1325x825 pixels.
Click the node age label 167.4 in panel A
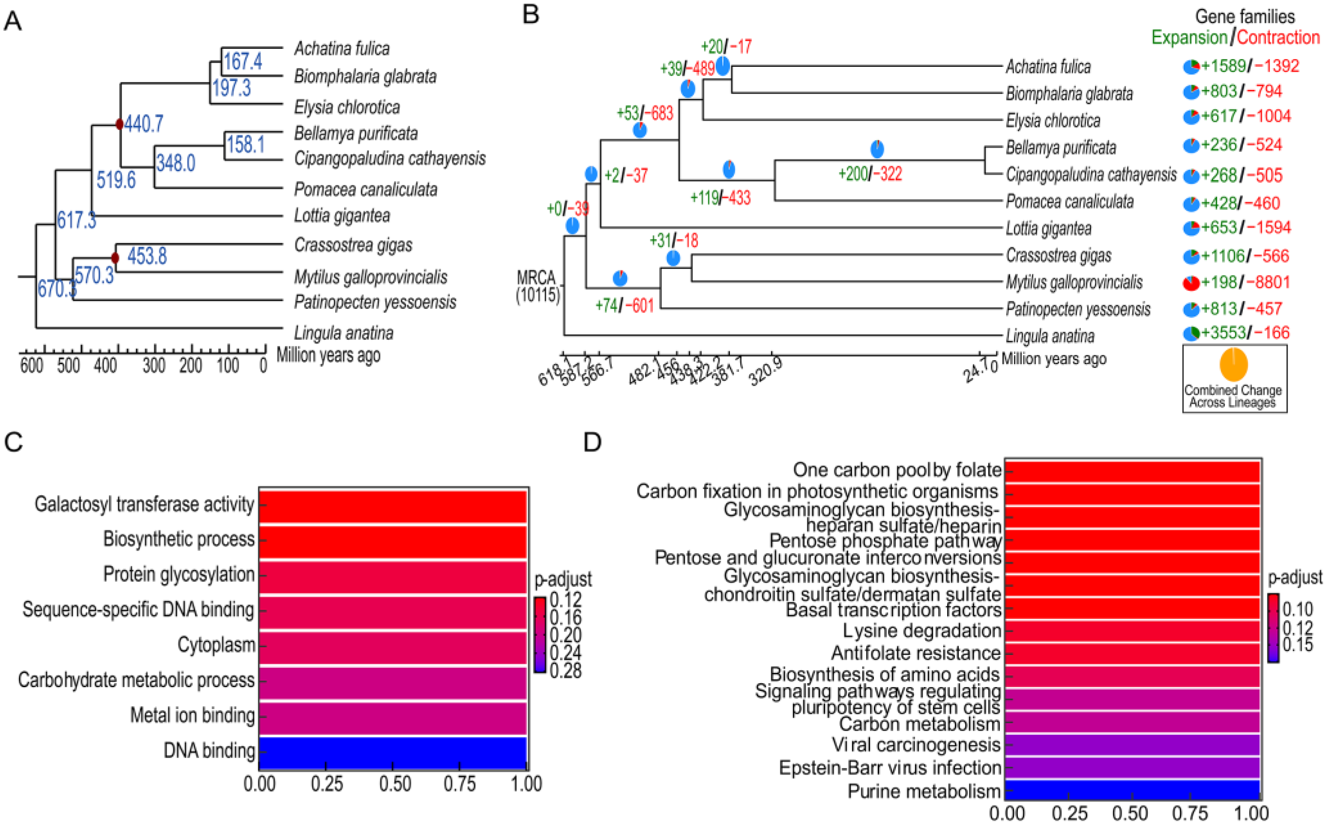(242, 61)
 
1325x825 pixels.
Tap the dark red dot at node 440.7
(120, 124)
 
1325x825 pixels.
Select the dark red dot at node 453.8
(115, 257)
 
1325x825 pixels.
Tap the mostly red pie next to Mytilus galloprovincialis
(1191, 283)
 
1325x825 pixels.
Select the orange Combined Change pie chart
(1233, 365)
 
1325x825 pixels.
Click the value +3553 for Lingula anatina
(1223, 333)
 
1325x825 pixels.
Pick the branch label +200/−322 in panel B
(870, 174)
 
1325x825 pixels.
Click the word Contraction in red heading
(1278, 38)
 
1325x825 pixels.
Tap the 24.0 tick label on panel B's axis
(981, 371)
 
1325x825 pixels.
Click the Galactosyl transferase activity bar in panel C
(392, 506)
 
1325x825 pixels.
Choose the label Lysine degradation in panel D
(922, 631)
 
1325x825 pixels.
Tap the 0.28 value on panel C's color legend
(565, 671)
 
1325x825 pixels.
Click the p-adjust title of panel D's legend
(1295, 578)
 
